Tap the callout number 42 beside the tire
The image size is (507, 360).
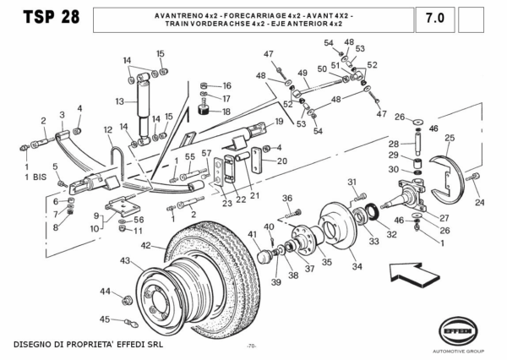[x=145, y=246]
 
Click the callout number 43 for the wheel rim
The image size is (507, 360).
[x=124, y=260]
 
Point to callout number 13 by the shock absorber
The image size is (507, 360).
[x=120, y=101]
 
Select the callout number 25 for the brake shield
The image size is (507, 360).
[x=450, y=138]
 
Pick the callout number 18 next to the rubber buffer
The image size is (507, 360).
[x=226, y=112]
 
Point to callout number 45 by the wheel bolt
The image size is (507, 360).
[x=105, y=319]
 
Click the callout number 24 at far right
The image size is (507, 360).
[x=479, y=203]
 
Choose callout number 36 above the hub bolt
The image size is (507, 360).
[x=287, y=199]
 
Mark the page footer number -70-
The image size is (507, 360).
[x=252, y=346]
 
